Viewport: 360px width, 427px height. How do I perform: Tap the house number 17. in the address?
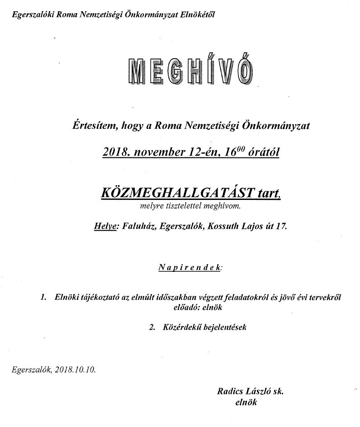[x=280, y=227]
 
